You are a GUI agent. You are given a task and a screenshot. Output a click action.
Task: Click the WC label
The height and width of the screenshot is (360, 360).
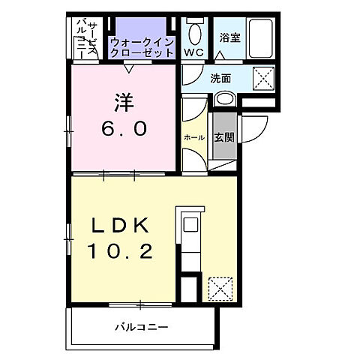(193, 52)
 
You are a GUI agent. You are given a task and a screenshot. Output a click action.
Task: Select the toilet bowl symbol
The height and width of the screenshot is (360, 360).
(195, 32)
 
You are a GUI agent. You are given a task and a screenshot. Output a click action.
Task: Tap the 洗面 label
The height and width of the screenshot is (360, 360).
(220, 77)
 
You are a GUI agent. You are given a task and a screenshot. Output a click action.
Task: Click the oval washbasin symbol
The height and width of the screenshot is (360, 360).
(225, 100)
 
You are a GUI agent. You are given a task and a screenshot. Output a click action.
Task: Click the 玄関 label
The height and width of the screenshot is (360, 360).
(223, 137)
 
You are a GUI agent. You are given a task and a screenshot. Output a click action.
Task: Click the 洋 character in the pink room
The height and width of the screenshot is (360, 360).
(124, 100)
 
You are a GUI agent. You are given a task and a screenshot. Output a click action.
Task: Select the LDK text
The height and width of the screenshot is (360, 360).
(123, 224)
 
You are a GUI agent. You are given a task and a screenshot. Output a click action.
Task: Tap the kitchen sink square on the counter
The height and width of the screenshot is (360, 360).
(190, 223)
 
